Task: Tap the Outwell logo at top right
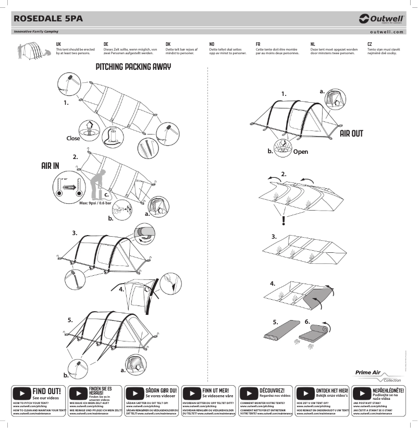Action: click(382, 19)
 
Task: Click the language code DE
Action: click(106, 44)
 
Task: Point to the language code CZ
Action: click(370, 44)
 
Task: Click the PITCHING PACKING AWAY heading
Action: click(133, 67)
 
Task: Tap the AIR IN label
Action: click(50, 166)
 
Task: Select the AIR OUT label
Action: click(351, 133)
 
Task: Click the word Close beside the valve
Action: click(73, 139)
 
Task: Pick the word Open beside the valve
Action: click(300, 152)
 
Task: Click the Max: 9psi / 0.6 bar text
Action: click(95, 204)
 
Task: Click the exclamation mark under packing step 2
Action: click(283, 221)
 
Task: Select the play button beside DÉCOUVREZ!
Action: click(249, 393)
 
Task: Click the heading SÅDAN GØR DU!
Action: click(162, 390)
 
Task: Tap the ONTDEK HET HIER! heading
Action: click(333, 390)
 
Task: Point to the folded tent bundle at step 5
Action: click(280, 332)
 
